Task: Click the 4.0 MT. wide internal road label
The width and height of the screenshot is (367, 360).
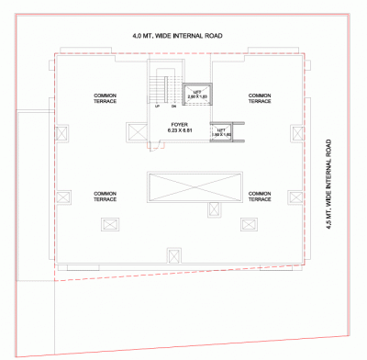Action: point(177,36)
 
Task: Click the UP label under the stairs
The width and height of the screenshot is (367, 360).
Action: point(157,107)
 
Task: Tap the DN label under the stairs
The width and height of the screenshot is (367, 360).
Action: point(172,107)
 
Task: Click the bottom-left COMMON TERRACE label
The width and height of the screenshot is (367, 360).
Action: point(105,196)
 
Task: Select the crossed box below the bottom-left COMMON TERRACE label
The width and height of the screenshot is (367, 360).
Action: point(110,223)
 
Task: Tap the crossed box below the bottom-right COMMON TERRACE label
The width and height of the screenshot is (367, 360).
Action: point(249,223)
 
